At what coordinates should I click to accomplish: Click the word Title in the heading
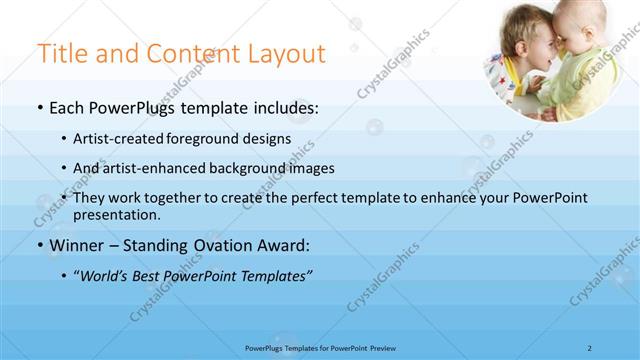(x=61, y=54)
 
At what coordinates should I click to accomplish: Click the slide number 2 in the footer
(x=590, y=348)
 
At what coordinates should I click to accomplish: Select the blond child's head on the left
(x=525, y=45)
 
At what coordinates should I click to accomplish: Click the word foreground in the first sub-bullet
(x=212, y=139)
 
